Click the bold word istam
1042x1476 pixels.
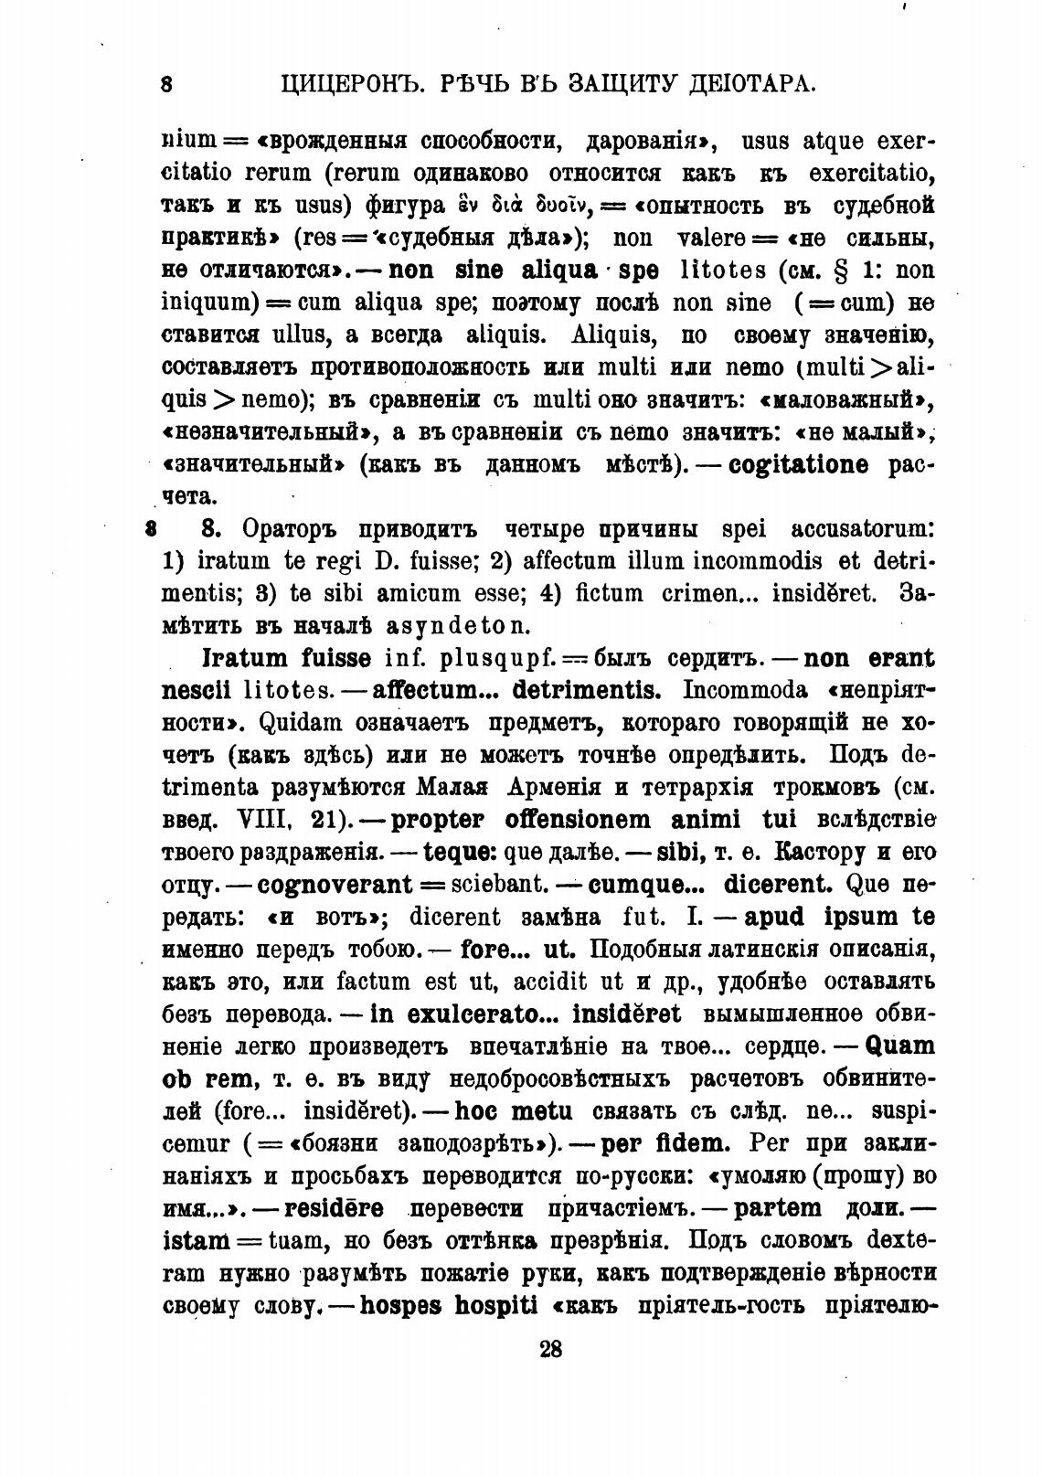(196, 1241)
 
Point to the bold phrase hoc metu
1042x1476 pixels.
(514, 1112)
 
